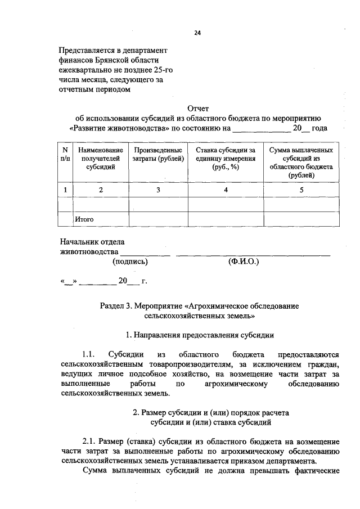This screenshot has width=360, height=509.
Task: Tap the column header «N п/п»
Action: click(x=65, y=155)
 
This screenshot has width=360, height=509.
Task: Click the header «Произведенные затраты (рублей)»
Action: click(x=158, y=155)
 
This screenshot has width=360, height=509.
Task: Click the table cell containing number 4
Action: click(x=226, y=190)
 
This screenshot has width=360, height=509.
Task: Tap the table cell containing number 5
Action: click(x=301, y=190)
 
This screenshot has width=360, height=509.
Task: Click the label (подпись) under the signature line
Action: click(x=130, y=261)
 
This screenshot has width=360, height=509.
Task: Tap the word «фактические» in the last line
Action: click(x=313, y=470)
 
